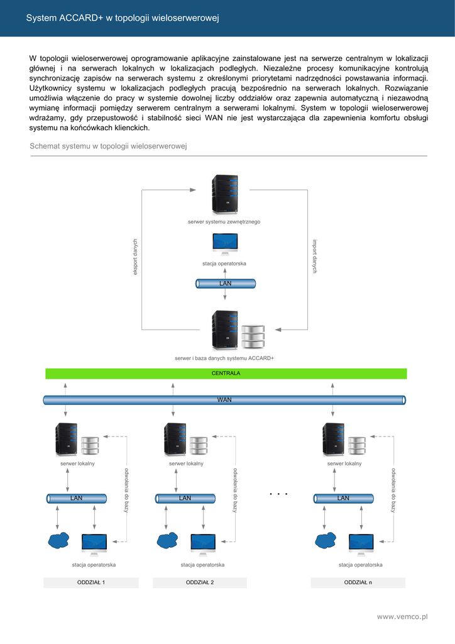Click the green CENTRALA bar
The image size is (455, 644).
coord(226,373)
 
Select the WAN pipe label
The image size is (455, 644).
coord(224,399)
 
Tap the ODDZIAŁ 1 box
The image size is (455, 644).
coord(90,582)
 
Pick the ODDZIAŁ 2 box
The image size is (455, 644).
coord(200,582)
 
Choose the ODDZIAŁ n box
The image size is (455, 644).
coord(358,582)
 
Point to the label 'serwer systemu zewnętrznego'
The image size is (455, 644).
coord(224,222)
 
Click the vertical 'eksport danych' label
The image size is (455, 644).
coord(134,256)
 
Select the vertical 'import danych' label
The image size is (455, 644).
coord(315,256)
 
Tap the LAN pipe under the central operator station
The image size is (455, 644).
coord(226,284)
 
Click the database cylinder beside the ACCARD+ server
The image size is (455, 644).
coord(253,336)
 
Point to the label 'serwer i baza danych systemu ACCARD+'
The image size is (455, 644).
coord(224,358)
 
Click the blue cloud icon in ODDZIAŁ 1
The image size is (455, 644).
coord(58,540)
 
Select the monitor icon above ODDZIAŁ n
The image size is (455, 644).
coord(361,543)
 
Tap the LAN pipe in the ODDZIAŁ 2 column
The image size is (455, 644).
coord(185,498)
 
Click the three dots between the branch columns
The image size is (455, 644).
coord(278,494)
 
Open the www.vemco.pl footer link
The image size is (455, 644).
coord(402,617)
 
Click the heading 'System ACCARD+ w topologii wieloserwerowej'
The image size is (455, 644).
coord(122,18)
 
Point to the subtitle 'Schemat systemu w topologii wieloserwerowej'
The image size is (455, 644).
coord(109,147)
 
